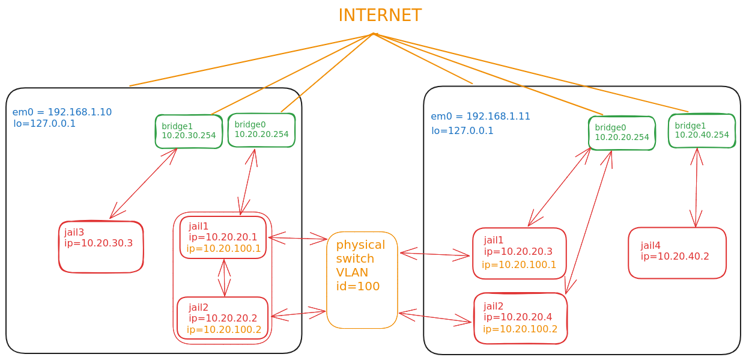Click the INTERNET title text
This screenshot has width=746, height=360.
(x=380, y=16)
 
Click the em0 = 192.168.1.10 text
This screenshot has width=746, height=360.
(x=62, y=112)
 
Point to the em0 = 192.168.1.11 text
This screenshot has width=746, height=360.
(x=480, y=117)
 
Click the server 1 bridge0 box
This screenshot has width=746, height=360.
(x=261, y=130)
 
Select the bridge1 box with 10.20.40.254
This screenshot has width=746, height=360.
(x=702, y=130)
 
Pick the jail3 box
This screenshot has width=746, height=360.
(x=101, y=247)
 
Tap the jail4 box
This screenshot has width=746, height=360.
(x=677, y=252)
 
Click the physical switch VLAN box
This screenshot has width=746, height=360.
(x=362, y=280)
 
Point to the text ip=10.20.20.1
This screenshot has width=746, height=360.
(x=223, y=237)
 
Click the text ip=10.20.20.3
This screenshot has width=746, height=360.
(x=518, y=252)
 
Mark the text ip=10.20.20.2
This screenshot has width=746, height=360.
(x=222, y=318)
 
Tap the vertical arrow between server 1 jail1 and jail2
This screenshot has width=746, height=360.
(x=225, y=278)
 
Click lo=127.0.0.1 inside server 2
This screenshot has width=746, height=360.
(x=462, y=130)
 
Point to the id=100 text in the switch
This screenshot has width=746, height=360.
(x=358, y=286)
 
